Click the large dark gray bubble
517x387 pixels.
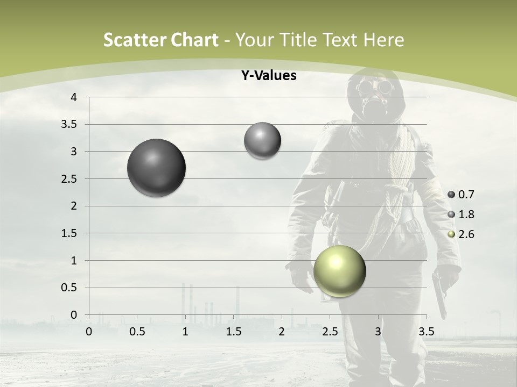(156, 168)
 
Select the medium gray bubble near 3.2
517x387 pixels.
(262, 141)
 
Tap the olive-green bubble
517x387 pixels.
(339, 270)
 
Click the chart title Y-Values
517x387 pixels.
(268, 76)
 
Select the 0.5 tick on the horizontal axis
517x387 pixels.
(137, 332)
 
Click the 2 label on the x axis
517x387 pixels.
(282, 332)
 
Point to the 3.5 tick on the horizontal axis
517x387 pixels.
(427, 332)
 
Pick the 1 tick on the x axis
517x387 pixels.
(185, 332)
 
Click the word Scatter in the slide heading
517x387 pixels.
(134, 40)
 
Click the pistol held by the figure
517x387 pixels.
(439, 293)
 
